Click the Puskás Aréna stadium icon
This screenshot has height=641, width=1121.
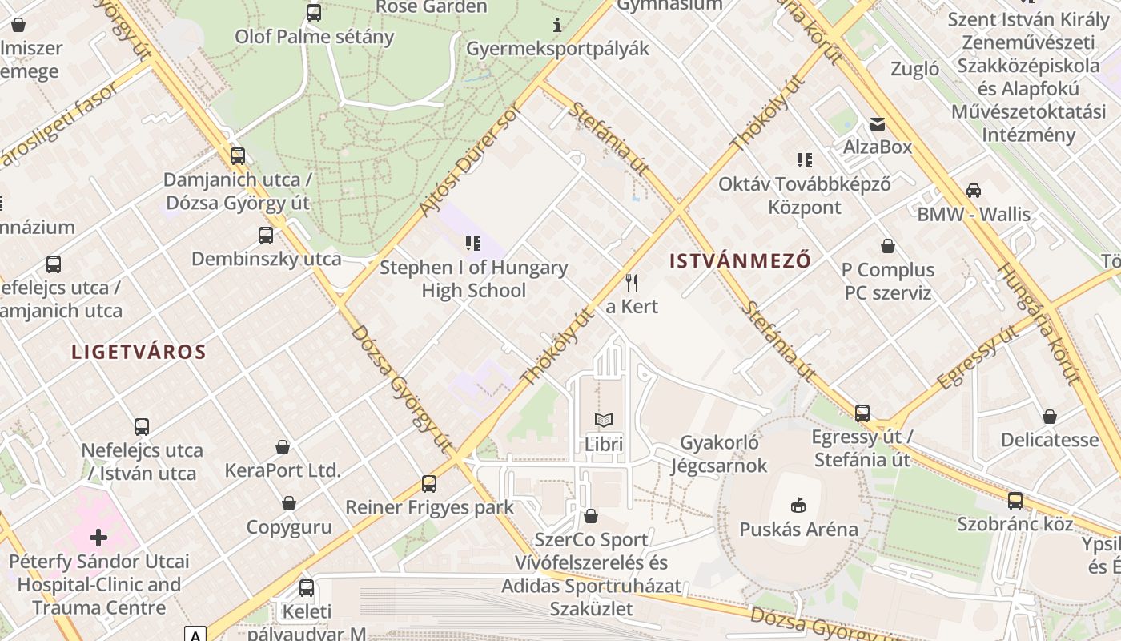[798, 505]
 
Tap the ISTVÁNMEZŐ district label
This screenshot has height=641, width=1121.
[739, 260]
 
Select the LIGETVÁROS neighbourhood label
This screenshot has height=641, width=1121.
[139, 352]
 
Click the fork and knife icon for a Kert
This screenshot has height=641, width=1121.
[632, 282]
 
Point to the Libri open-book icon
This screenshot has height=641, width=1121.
[603, 420]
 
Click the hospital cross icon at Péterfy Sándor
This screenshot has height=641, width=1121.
[98, 538]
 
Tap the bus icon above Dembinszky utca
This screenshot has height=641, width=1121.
[266, 236]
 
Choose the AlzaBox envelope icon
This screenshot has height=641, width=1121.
[878, 123]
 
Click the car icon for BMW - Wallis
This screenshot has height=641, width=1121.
[973, 190]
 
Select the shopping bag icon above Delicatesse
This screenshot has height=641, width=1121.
[1049, 417]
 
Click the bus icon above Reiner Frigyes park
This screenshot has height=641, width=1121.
[429, 483]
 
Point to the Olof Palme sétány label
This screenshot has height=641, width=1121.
[314, 37]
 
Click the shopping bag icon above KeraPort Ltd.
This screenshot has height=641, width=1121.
[282, 446]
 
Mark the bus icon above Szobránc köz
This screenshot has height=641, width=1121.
[1015, 501]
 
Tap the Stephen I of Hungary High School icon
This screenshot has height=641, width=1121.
[472, 243]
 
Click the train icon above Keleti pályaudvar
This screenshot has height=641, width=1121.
[306, 588]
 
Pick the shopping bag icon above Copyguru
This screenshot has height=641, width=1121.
[288, 503]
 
